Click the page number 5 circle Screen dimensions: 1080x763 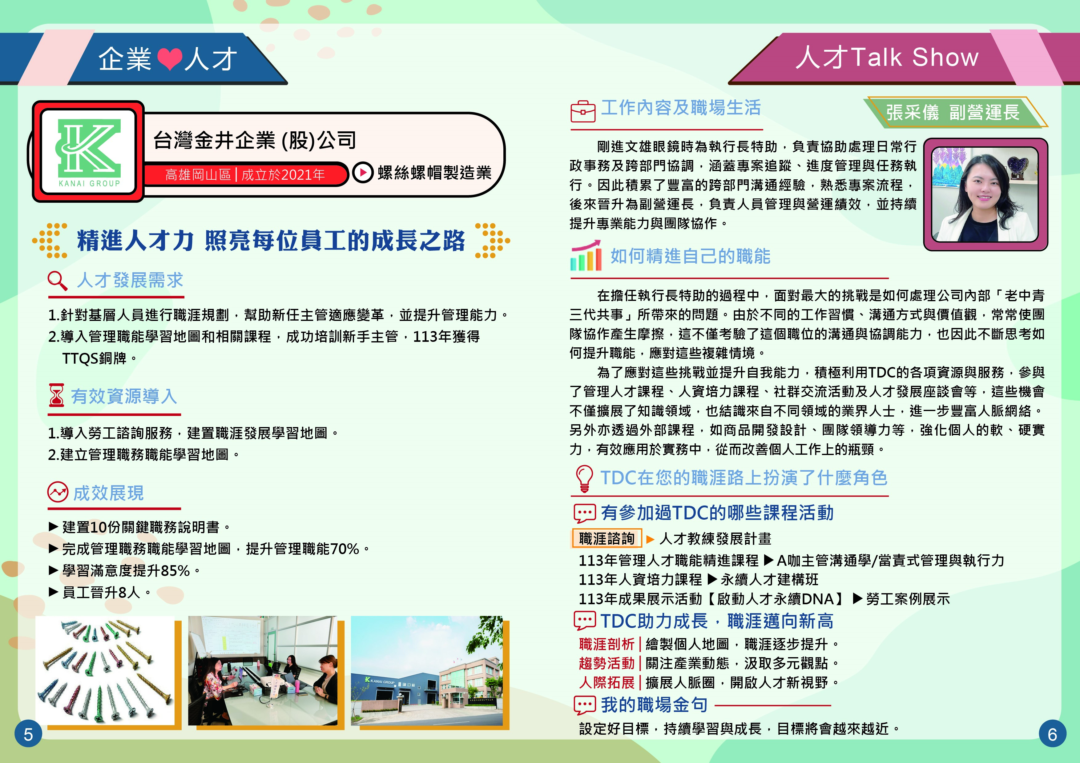28,734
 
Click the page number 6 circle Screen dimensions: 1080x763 1053,734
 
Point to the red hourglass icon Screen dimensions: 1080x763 56,395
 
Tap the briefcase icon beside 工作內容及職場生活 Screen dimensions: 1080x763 583,111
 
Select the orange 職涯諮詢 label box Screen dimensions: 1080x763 607,539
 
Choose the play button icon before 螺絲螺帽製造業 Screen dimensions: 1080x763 363,173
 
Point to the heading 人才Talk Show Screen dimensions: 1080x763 887,57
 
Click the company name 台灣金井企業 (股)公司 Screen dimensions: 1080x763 255,140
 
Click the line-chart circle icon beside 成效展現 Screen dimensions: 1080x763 58,492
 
